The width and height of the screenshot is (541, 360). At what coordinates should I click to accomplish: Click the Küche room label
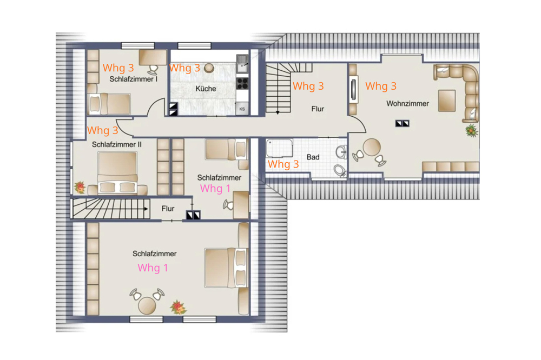(206, 89)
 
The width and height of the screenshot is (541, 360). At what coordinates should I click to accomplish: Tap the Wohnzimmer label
(407, 103)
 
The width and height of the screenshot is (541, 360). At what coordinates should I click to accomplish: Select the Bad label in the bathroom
(313, 157)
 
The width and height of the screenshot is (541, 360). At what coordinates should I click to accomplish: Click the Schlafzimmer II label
(117, 144)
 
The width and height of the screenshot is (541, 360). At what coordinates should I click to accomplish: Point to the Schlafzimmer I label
(133, 79)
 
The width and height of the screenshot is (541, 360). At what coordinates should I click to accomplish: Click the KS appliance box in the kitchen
(242, 109)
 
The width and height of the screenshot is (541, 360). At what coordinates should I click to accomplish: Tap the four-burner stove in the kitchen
(242, 83)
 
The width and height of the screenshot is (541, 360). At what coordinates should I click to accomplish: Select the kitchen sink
(242, 63)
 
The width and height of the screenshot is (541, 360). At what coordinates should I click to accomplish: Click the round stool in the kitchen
(209, 68)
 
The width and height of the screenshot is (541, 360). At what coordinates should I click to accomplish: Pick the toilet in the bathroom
(340, 170)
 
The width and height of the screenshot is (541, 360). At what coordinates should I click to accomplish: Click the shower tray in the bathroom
(280, 148)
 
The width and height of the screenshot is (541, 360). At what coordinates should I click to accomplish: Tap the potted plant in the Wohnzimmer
(471, 131)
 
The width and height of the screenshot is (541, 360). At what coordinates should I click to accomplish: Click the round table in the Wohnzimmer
(372, 147)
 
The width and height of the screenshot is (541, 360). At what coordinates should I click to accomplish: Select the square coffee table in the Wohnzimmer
(447, 101)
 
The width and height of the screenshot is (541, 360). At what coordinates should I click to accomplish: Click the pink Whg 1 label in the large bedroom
(153, 268)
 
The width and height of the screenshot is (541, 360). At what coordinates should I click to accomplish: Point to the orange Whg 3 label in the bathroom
(283, 164)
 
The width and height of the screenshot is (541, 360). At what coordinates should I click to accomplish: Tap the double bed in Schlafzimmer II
(117, 172)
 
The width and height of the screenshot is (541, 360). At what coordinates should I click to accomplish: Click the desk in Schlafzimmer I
(153, 57)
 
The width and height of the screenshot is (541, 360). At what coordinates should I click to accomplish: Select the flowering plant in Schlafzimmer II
(80, 187)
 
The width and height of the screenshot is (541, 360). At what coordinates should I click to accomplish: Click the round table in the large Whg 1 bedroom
(147, 305)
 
